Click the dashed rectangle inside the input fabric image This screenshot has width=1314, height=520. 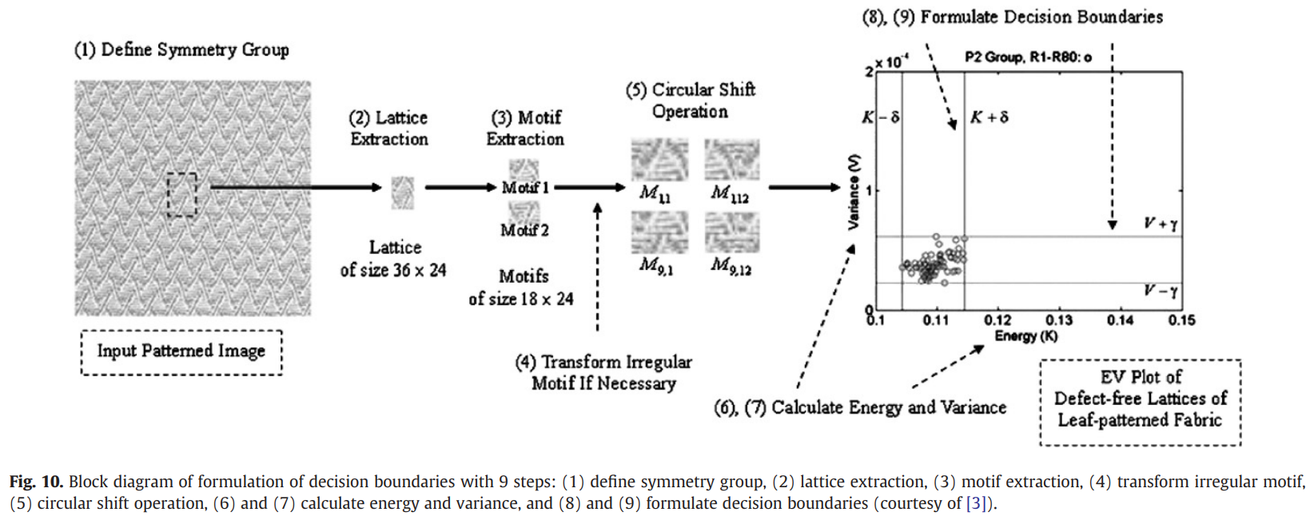coord(182,195)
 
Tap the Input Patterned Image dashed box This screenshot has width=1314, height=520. coord(181,352)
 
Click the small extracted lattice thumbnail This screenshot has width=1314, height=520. coord(403,193)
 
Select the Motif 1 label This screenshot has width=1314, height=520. coord(524,188)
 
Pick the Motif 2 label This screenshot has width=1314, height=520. coord(524,230)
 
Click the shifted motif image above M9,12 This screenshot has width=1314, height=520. coord(731,232)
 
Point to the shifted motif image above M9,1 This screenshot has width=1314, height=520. coord(659,232)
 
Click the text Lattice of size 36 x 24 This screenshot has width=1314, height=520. coord(393,259)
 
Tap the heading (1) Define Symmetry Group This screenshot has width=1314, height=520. coord(181,50)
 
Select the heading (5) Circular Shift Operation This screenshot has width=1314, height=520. coord(691,101)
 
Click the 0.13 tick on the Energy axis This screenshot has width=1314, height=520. coord(1059,320)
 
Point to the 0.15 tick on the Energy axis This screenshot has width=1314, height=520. coord(1181,320)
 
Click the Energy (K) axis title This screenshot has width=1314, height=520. coord(1025,336)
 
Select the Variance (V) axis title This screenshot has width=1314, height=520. coord(854,192)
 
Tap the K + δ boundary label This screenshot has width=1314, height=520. coord(989,117)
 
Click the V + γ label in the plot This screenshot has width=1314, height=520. coord(1160,224)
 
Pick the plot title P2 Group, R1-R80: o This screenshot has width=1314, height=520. coord(1028,57)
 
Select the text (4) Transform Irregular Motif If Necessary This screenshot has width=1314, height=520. coord(603,372)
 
